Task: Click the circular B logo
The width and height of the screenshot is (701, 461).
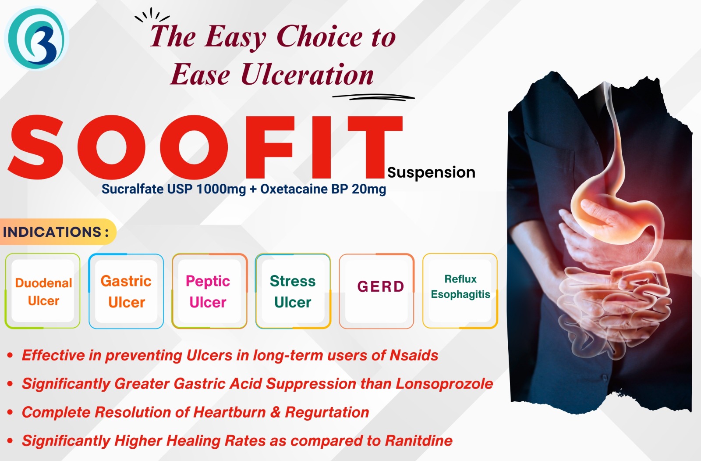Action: pyautogui.click(x=37, y=38)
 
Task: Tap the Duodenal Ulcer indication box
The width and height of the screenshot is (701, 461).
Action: pyautogui.click(x=42, y=291)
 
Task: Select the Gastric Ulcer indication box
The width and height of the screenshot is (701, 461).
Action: pyautogui.click(x=126, y=291)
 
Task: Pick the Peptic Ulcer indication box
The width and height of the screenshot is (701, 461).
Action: pyautogui.click(x=209, y=291)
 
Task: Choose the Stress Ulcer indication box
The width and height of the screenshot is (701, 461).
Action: pyautogui.click(x=293, y=291)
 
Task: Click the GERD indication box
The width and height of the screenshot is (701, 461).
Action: pyautogui.click(x=376, y=291)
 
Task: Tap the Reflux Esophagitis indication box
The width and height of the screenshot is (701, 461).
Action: pyautogui.click(x=460, y=291)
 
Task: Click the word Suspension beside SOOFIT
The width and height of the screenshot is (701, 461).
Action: pyautogui.click(x=431, y=173)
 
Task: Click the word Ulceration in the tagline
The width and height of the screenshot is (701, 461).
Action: pyautogui.click(x=307, y=75)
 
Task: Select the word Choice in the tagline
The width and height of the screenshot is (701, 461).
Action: pyautogui.click(x=319, y=37)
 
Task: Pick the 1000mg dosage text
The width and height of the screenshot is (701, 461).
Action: pyautogui.click(x=221, y=189)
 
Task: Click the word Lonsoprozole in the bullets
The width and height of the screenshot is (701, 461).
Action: pyautogui.click(x=444, y=384)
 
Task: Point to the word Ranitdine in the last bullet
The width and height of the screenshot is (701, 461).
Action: pyautogui.click(x=419, y=441)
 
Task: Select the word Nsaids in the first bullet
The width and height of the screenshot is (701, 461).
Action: pyautogui.click(x=414, y=355)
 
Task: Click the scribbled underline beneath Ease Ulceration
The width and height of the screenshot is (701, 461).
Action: pyautogui.click(x=374, y=97)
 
